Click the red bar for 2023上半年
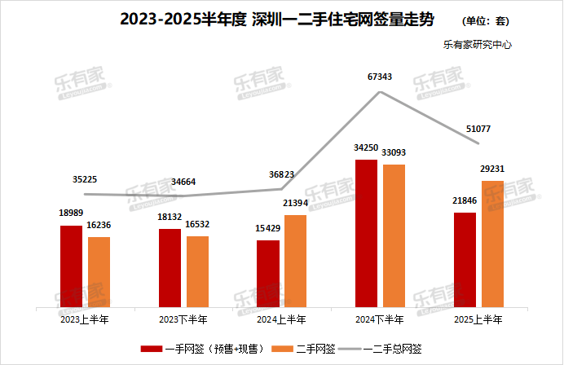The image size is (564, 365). (72, 266)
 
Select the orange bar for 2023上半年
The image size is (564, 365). (99, 272)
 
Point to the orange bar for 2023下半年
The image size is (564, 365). (198, 272)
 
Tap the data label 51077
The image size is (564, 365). (478, 129)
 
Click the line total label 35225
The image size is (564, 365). (86, 179)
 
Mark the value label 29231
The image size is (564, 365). (492, 169)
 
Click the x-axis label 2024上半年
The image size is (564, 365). (282, 319)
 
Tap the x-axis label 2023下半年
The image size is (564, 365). (183, 319)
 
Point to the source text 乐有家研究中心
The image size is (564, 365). (478, 46)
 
